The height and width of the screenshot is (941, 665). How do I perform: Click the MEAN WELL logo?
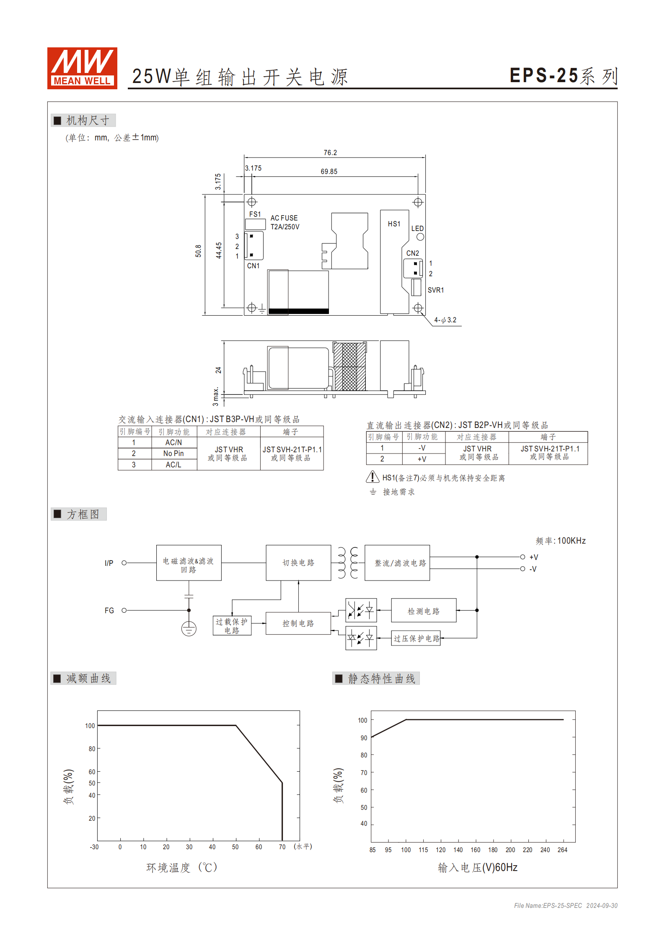pyautogui.click(x=82, y=68)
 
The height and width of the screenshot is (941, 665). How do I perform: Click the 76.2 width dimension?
pyautogui.click(x=330, y=153)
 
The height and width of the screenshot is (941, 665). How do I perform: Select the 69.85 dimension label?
pyautogui.click(x=329, y=171)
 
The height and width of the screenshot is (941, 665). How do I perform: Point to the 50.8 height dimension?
pyautogui.click(x=198, y=251)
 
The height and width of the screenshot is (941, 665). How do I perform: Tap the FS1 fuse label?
pyautogui.click(x=255, y=214)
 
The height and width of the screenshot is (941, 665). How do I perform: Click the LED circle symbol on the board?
pyautogui.click(x=420, y=237)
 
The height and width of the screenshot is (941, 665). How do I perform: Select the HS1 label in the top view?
pyautogui.click(x=394, y=224)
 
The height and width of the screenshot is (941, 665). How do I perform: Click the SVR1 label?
pyautogui.click(x=435, y=290)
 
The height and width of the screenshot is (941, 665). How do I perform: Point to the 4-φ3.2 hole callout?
pyautogui.click(x=445, y=320)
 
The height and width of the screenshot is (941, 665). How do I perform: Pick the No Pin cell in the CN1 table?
pyautogui.click(x=173, y=454)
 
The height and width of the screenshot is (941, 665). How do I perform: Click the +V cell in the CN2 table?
pyautogui.click(x=422, y=459)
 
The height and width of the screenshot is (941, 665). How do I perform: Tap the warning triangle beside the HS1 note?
pyautogui.click(x=373, y=477)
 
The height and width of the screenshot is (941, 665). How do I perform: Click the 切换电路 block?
pyautogui.click(x=298, y=563)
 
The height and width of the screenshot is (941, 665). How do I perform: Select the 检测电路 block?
pyautogui.click(x=424, y=611)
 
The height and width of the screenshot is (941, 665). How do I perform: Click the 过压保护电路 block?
pyautogui.click(x=416, y=638)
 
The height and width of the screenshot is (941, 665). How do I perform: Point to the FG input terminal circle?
pyautogui.click(x=124, y=610)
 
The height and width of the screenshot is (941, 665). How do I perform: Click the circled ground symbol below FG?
pyautogui.click(x=189, y=629)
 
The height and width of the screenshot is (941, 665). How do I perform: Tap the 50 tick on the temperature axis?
pyautogui.click(x=235, y=847)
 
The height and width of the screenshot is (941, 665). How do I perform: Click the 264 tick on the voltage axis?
pyautogui.click(x=562, y=850)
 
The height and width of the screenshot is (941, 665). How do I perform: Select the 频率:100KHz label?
pyautogui.click(x=560, y=541)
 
